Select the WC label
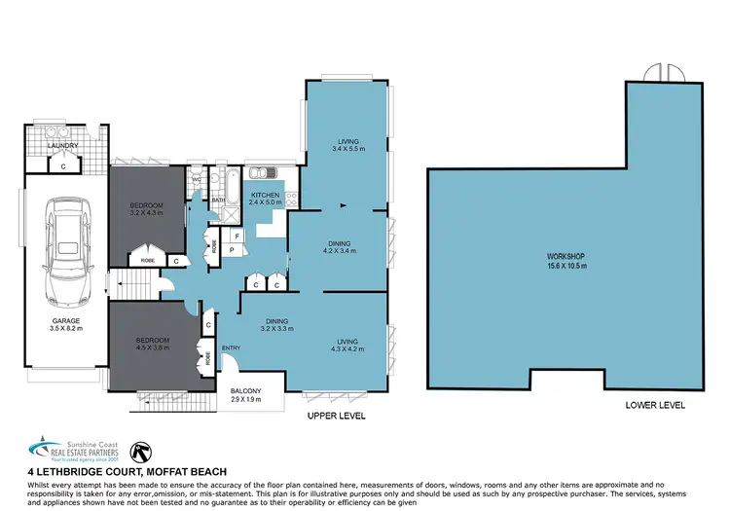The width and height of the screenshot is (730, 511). pyautogui.click(x=197, y=180)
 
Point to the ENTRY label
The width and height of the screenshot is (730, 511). pyautogui.click(x=231, y=348)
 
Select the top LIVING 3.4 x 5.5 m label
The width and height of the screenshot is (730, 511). pyautogui.click(x=346, y=144)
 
